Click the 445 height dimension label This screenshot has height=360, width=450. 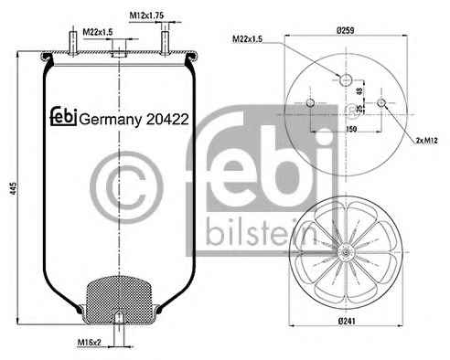coord(14,189)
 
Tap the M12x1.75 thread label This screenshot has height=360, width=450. coord(146,16)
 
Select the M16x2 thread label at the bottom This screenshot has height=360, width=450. coord(89,343)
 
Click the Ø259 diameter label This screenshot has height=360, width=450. coord(345,30)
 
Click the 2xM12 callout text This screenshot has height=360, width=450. coord(427,141)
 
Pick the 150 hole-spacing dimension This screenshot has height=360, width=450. coord(351,129)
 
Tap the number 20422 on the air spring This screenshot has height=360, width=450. coord(167,119)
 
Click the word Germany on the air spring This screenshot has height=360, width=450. coord(111,120)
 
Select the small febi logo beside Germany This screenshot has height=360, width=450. coord(63,116)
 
